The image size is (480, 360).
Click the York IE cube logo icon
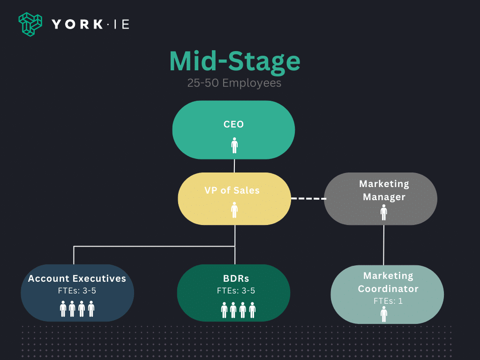(30, 24)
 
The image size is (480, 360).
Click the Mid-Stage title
(235, 61)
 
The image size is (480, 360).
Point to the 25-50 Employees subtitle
(234, 83)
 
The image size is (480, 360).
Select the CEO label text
(233, 124)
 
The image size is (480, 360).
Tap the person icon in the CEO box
(234, 145)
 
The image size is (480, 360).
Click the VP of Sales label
(232, 190)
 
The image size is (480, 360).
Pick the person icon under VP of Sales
(234, 210)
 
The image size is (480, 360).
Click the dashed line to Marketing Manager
(308, 198)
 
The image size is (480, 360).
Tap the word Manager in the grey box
(384, 197)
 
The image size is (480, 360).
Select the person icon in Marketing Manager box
(384, 212)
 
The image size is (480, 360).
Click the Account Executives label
(77, 278)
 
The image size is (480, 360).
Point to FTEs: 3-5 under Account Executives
(77, 291)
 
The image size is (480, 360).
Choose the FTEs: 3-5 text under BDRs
(236, 291)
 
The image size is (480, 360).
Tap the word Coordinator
(388, 289)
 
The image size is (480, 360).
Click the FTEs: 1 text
(388, 301)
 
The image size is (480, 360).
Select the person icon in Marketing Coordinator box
(384, 315)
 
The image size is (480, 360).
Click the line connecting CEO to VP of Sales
(234, 166)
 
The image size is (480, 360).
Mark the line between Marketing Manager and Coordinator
(384, 245)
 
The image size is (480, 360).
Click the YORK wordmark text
(77, 24)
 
